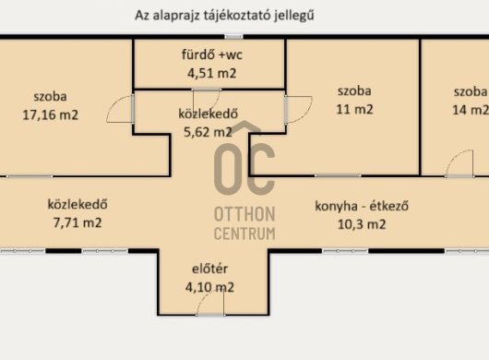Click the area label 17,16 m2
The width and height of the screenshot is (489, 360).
(50, 115)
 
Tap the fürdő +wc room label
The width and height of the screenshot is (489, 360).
(212, 54)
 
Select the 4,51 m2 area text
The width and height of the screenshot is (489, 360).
(212, 73)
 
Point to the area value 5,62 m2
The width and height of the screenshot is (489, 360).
(208, 132)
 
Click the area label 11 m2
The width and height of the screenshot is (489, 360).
(354, 110)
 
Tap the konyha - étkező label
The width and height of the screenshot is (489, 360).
(362, 206)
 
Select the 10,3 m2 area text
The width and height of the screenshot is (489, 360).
(362, 224)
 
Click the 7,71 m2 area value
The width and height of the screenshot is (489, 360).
(78, 222)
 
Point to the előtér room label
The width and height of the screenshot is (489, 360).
(209, 269)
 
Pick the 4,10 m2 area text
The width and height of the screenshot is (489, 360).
(209, 287)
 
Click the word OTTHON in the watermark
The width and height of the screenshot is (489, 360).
(244, 214)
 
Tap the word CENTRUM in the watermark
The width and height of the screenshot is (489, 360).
(244, 234)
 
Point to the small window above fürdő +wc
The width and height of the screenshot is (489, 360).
(234, 37)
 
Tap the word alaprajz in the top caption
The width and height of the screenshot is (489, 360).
(175, 16)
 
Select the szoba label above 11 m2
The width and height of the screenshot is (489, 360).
(354, 91)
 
